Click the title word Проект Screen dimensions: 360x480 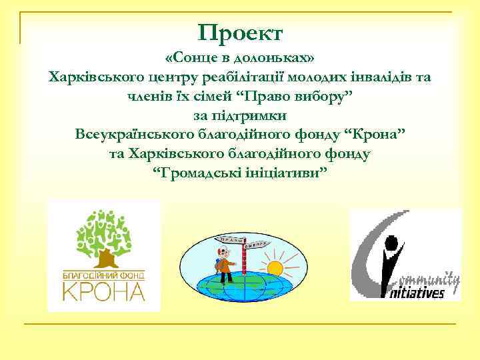tap(241, 32)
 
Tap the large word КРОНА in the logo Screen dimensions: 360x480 tap(104, 291)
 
